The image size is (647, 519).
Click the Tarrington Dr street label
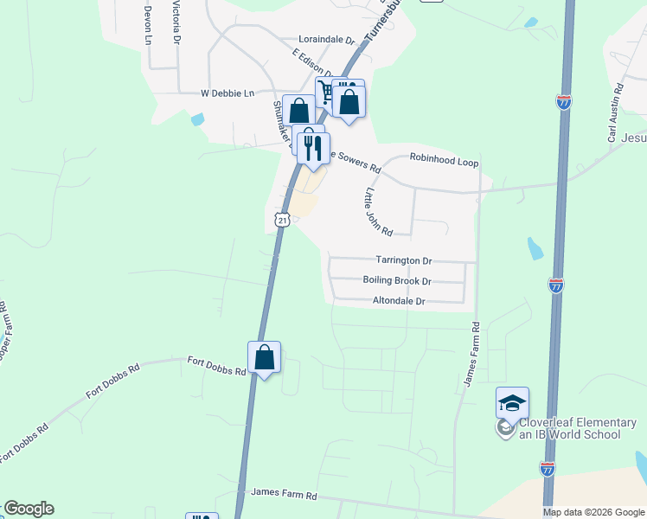click(x=403, y=259)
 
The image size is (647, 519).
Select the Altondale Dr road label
click(x=399, y=301)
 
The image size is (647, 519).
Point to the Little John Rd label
click(x=379, y=212)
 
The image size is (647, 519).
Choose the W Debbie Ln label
click(x=228, y=93)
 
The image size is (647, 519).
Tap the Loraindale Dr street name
click(x=327, y=40)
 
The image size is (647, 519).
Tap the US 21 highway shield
click(x=282, y=220)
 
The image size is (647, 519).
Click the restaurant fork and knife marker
click(x=312, y=144)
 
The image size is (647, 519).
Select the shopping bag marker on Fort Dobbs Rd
click(x=264, y=357)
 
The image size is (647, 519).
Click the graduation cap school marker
click(x=512, y=402)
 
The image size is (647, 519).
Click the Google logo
click(x=29, y=509)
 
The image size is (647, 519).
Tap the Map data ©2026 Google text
click(x=593, y=512)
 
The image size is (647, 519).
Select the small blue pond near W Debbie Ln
click(x=198, y=119)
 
